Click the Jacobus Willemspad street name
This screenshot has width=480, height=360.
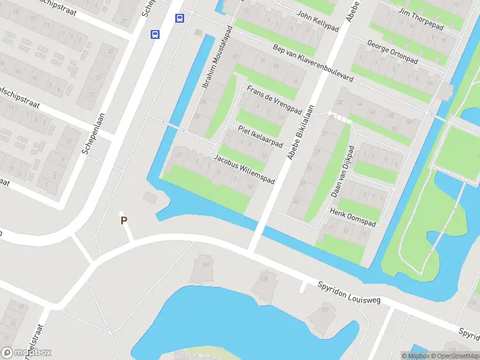click(x=244, y=170)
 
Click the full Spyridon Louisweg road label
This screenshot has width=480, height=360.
click(x=349, y=292)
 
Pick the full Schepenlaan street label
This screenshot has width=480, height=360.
click(x=94, y=133)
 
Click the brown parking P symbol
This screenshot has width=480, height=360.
click(x=124, y=220)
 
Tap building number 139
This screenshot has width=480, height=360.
click(x=263, y=278)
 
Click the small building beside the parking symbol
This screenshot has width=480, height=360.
click(x=149, y=197)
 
